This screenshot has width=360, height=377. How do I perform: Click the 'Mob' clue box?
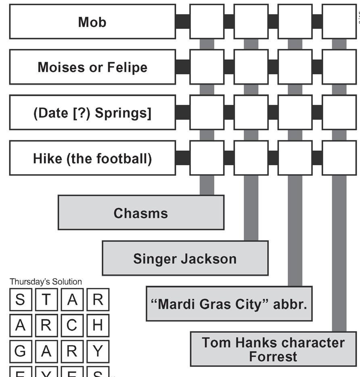(x=92, y=22)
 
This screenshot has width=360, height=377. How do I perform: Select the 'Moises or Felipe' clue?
(x=92, y=67)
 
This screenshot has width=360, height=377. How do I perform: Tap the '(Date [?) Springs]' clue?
(x=92, y=113)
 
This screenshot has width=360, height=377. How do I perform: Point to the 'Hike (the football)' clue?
(x=92, y=158)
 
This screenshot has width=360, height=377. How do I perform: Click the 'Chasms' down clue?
(x=141, y=213)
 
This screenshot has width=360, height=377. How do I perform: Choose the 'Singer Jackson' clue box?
(x=185, y=258)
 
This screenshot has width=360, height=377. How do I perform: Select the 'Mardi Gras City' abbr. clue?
(x=229, y=304)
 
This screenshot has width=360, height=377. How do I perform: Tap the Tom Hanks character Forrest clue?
(x=273, y=349)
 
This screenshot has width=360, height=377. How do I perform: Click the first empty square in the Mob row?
(x=207, y=22)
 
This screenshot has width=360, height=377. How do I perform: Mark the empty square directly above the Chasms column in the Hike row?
(x=207, y=158)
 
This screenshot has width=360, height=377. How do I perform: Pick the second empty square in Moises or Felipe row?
(x=251, y=67)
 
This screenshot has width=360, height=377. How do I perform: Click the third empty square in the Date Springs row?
(x=295, y=113)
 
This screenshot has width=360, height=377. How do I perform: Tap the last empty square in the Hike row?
(x=339, y=158)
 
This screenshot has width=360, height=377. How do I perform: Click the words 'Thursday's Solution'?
(x=46, y=282)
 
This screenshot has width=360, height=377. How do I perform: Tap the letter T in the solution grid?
(x=46, y=300)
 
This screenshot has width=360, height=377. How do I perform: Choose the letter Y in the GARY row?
(x=98, y=352)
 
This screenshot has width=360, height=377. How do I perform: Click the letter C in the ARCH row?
(x=72, y=326)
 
